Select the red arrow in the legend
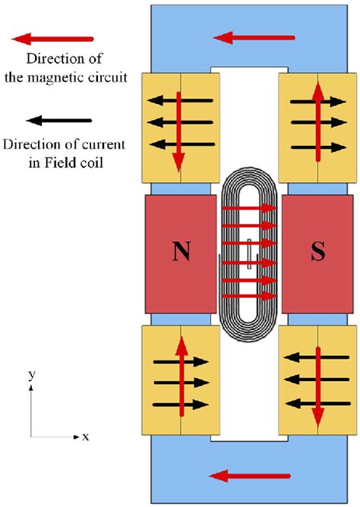[x=58, y=37]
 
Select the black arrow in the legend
[x=58, y=120]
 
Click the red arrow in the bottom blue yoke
[x=250, y=476]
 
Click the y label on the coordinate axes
[x=30, y=376]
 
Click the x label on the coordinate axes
[x=86, y=437]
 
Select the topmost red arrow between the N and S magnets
[x=250, y=207]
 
